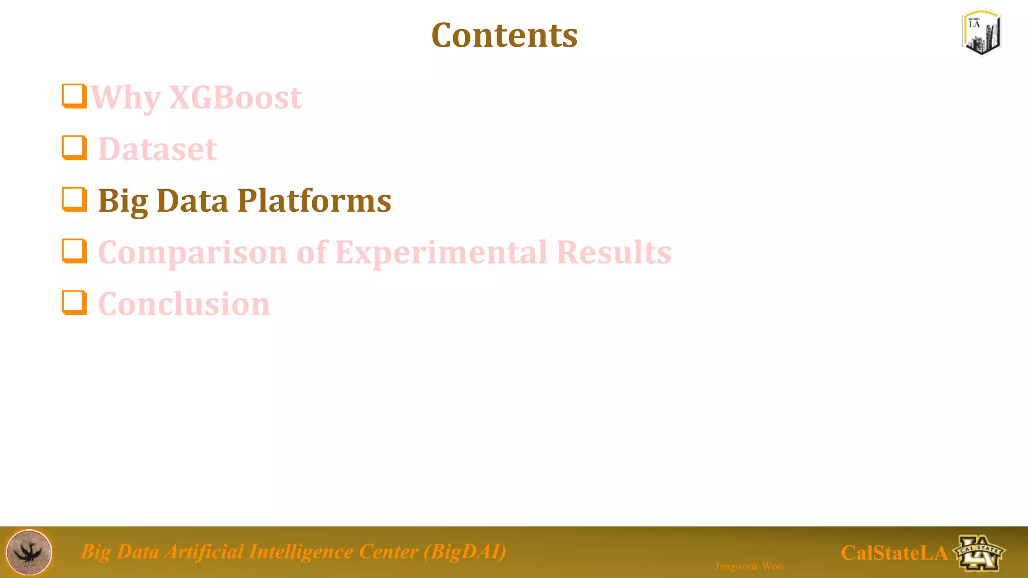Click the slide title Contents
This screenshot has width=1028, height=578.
pyautogui.click(x=504, y=36)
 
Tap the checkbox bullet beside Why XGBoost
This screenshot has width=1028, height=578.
pyautogui.click(x=74, y=96)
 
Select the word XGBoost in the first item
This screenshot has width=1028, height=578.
pyautogui.click(x=235, y=97)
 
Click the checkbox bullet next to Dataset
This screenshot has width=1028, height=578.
pyautogui.click(x=74, y=148)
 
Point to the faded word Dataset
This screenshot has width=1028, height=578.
pyautogui.click(x=157, y=149)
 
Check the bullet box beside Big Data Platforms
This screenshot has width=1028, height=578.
pyautogui.click(x=74, y=199)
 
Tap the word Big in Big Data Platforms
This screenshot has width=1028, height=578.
pyautogui.click(x=122, y=202)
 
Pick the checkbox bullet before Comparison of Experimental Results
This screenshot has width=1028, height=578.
pyautogui.click(x=74, y=251)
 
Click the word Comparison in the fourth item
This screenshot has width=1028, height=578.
pyautogui.click(x=192, y=252)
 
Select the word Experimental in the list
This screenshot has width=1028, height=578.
pyautogui.click(x=440, y=252)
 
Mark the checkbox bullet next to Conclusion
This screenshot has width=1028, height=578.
pyautogui.click(x=74, y=303)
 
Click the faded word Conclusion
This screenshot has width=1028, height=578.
pyautogui.click(x=184, y=304)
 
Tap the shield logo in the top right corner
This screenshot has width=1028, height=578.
pyautogui.click(x=981, y=32)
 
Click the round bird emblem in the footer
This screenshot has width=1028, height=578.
pyautogui.click(x=29, y=552)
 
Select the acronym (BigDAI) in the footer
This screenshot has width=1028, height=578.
pyautogui.click(x=464, y=551)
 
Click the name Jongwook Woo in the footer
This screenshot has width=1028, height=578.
pyautogui.click(x=748, y=566)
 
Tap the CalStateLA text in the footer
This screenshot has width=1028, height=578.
pyautogui.click(x=894, y=553)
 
